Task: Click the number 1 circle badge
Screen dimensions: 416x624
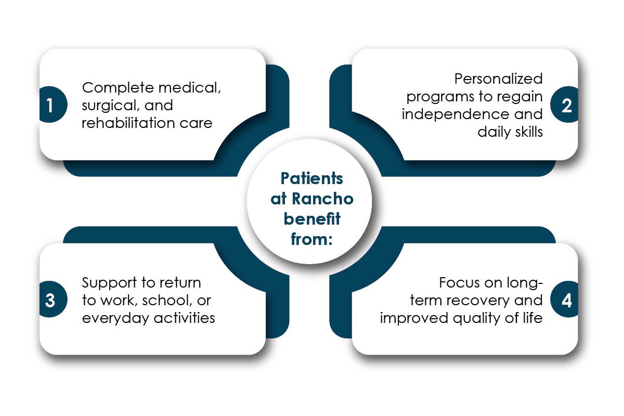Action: (50, 105)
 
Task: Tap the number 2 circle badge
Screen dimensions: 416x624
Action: (566, 105)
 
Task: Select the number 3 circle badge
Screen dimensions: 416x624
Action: (50, 301)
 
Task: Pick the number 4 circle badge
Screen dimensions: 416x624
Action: (566, 301)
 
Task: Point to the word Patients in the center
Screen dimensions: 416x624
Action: (312, 178)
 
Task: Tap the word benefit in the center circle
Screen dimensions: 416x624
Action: (312, 218)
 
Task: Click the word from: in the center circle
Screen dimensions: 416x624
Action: (312, 239)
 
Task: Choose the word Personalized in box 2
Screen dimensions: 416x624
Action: (498, 79)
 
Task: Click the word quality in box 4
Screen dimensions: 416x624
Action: (471, 318)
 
